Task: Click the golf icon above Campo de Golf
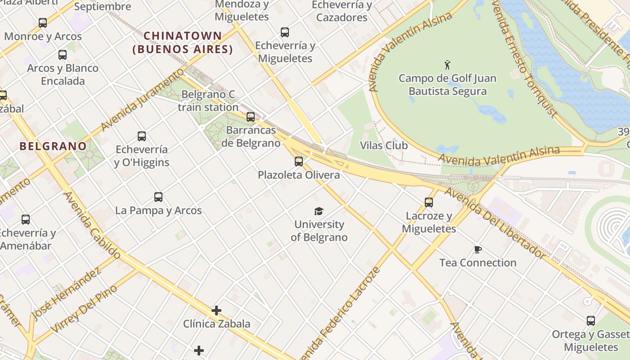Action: (447, 65)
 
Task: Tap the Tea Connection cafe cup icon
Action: (477, 249)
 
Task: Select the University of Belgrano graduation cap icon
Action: (319, 211)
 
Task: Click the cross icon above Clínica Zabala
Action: (216, 310)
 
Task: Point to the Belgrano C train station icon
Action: (251, 117)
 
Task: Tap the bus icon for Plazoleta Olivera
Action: (299, 162)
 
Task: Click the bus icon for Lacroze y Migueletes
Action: (429, 202)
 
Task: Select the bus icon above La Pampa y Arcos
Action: (158, 197)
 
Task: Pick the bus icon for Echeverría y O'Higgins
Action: (142, 136)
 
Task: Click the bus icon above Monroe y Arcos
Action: (43, 22)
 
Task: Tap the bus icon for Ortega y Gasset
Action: (591, 321)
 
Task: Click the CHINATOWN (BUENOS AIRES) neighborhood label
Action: (183, 42)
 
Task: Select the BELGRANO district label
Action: (53, 146)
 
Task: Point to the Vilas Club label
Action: (384, 145)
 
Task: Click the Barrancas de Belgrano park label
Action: (251, 137)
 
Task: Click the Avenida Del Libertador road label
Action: (495, 223)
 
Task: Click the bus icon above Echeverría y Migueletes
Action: (285, 32)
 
